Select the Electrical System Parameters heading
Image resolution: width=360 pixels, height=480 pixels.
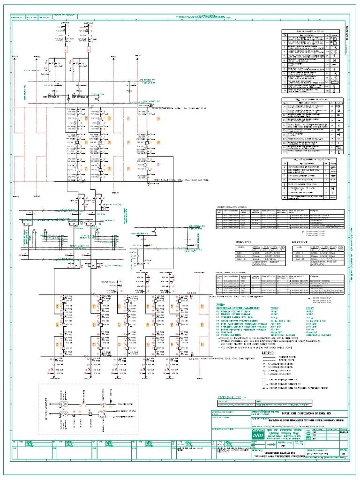(236, 307)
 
